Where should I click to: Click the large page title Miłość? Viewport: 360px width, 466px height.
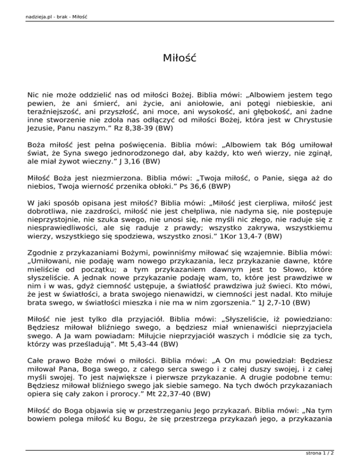(180, 59)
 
